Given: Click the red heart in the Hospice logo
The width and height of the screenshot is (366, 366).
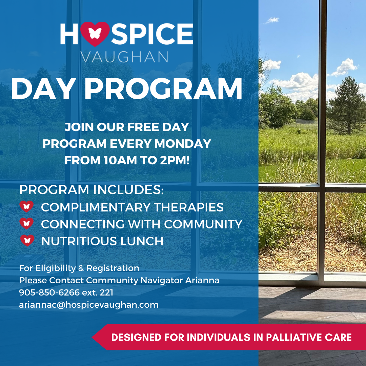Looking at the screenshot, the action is (95, 34).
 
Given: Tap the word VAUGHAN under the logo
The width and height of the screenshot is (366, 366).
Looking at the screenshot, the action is (124, 57).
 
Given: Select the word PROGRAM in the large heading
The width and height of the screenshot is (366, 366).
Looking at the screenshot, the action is (163, 89).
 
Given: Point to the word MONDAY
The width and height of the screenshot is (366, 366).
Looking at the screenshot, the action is (183, 144).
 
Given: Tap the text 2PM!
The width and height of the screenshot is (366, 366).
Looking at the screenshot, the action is (175, 160).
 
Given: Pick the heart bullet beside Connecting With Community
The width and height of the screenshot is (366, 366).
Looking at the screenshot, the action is (26, 223).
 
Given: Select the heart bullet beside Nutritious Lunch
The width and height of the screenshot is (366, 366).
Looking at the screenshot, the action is (27, 240).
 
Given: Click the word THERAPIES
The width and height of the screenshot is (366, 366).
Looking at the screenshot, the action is (189, 207).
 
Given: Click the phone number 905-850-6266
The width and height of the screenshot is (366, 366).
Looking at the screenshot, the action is (49, 292).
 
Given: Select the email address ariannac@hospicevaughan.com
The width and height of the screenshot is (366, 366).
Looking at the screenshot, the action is (89, 305).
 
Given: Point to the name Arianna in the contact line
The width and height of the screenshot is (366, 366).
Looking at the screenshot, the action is (202, 280).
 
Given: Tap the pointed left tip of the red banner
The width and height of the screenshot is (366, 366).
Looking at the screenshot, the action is (92, 337).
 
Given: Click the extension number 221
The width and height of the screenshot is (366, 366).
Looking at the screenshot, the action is (106, 292).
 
